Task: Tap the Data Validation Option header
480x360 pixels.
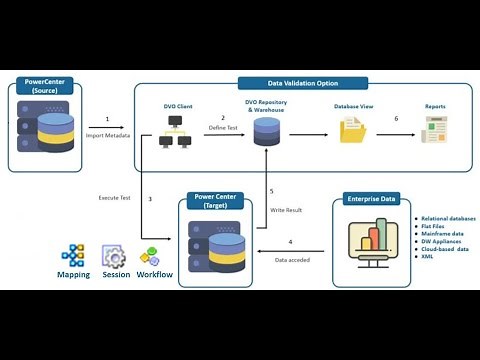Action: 302,84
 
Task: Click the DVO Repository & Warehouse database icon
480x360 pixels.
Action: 266,130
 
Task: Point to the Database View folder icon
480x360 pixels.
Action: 353,130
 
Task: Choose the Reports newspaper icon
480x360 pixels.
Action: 434,130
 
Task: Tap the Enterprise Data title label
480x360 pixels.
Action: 372,200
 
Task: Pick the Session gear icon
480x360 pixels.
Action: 115,255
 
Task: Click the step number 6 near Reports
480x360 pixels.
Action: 395,118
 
